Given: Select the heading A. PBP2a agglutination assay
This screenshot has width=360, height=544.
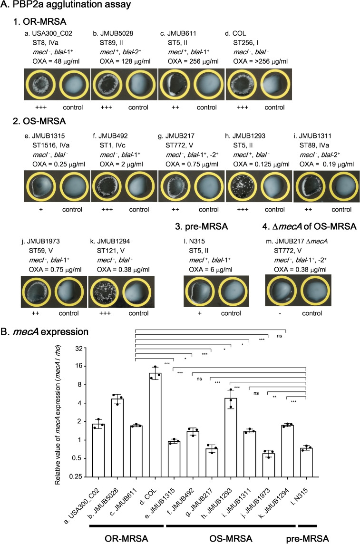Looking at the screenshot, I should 66,6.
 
